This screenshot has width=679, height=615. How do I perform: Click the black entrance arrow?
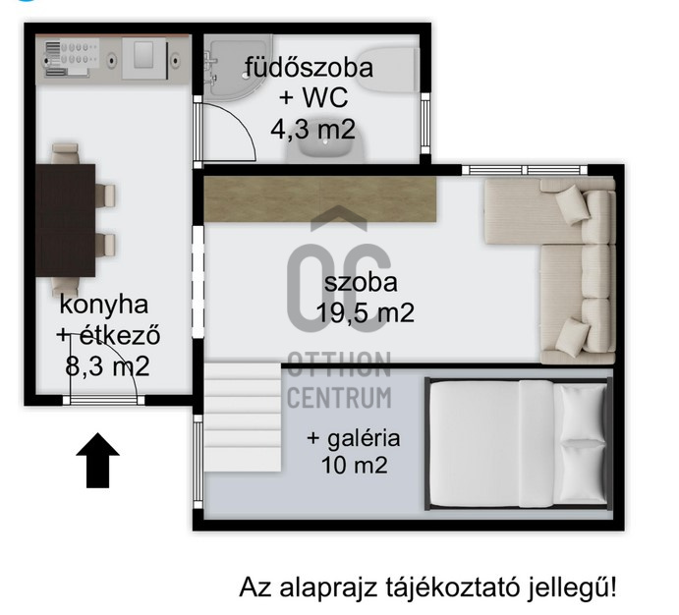click(x=98, y=460)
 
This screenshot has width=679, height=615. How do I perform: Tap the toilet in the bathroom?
click(x=387, y=69)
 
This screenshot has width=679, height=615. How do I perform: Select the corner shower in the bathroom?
click(x=234, y=68)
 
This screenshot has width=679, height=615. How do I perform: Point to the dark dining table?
click(x=66, y=220)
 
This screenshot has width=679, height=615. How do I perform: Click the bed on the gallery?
click(x=519, y=443)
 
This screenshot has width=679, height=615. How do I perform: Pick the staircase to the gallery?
click(x=243, y=418)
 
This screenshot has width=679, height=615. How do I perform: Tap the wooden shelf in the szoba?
click(x=319, y=198)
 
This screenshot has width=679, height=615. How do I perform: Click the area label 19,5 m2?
click(x=366, y=312)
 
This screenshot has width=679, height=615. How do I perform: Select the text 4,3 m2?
click(x=313, y=129)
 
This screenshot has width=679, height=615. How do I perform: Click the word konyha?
click(x=104, y=306)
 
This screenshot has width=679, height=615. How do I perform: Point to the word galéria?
click(x=364, y=439)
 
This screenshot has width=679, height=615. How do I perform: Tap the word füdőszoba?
click(x=309, y=68)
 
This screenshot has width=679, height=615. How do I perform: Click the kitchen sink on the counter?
click(x=143, y=58)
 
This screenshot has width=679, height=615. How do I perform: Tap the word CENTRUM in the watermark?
click(x=340, y=397)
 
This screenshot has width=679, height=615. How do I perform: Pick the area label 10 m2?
click(x=354, y=466)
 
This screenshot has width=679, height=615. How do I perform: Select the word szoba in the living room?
click(x=361, y=282)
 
